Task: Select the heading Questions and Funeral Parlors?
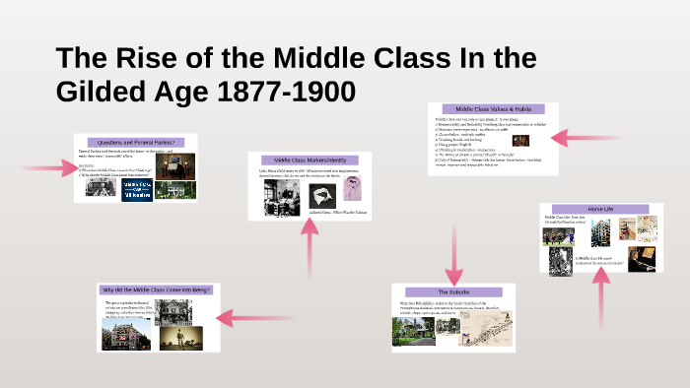pyautogui.click(x=135, y=142)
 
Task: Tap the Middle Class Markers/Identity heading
pyautogui.click(x=310, y=161)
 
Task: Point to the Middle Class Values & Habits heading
pyautogui.click(x=493, y=109)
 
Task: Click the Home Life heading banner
pyautogui.click(x=599, y=210)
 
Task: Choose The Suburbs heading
pyautogui.click(x=454, y=292)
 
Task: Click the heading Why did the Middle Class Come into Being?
pyautogui.click(x=157, y=290)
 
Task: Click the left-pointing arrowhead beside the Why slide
pyautogui.click(x=237, y=318)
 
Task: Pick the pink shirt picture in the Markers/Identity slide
pyautogui.click(x=352, y=188)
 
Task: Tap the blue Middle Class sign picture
pyautogui.click(x=137, y=189)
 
